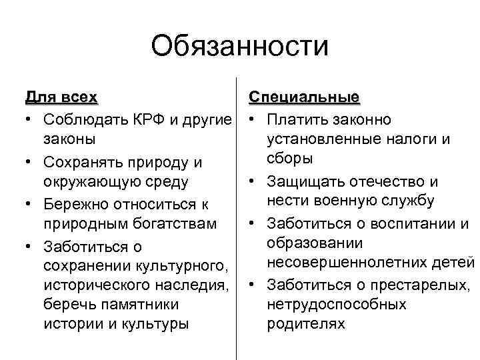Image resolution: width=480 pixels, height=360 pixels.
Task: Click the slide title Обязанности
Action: (240, 47)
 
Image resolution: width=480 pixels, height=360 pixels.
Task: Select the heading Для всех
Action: (61, 98)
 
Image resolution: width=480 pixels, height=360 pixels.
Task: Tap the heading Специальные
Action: (304, 98)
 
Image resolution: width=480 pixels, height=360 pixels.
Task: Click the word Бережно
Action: (75, 204)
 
